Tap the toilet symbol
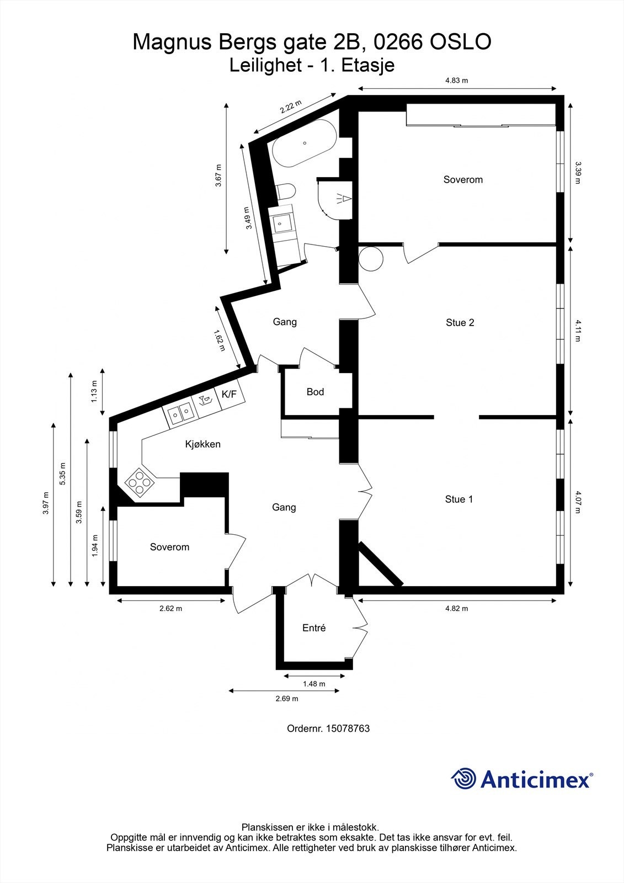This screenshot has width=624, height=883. [x=286, y=192]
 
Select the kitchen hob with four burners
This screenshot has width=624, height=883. [x=138, y=482]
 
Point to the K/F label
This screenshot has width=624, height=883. [x=229, y=394]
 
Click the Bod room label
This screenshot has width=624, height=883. [x=315, y=392]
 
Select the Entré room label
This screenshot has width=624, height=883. [x=314, y=628]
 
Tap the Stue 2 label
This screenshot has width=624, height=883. [x=460, y=323]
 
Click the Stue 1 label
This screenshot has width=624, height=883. [x=459, y=499]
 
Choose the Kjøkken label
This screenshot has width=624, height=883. [x=202, y=444]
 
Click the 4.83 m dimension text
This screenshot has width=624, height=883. [x=457, y=81]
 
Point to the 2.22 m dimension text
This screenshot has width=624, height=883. [x=291, y=106]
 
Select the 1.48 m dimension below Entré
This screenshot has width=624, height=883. [x=314, y=684]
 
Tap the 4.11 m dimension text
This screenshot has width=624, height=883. [x=578, y=330]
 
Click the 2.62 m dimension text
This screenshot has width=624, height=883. [x=170, y=609]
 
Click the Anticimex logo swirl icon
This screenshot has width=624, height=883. [x=463, y=779]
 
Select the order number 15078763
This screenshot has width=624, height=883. [x=348, y=728]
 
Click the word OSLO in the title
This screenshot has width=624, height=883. [x=460, y=42]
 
